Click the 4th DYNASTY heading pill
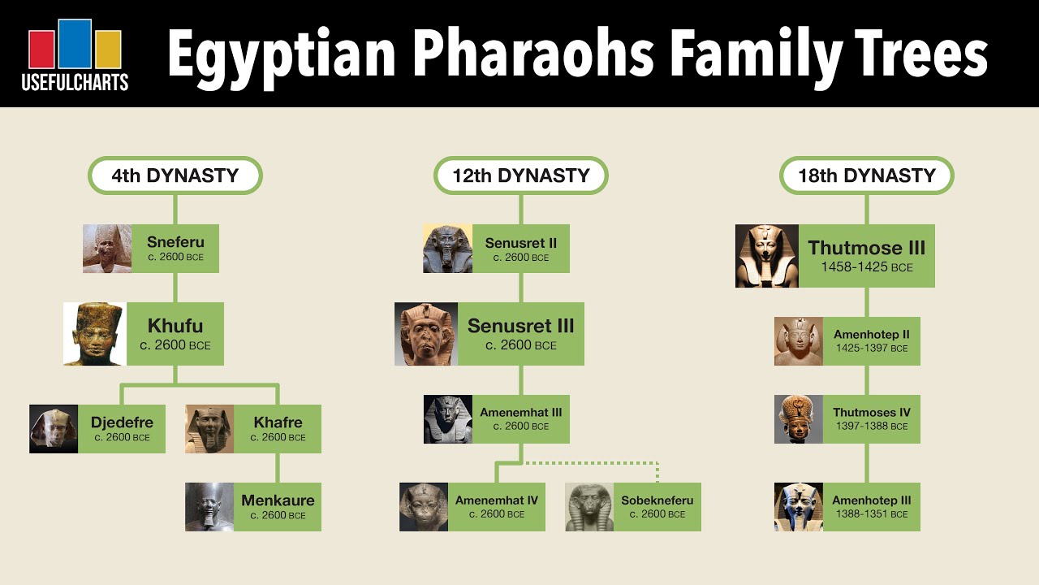[x=175, y=175]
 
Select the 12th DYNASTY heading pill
[x=520, y=175]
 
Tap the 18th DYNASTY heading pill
[x=866, y=175]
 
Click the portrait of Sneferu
[x=107, y=249]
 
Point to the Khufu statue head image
[x=95, y=334]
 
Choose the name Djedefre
[x=122, y=422]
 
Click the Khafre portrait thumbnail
[x=209, y=429]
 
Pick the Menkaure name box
[x=278, y=507]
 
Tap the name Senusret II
[x=520, y=243]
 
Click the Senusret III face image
[x=426, y=334]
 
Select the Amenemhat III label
[x=520, y=413]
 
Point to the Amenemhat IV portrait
[x=424, y=507]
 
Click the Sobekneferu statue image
[x=589, y=507]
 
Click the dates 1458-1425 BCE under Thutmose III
[x=866, y=267]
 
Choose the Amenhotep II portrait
[x=799, y=341]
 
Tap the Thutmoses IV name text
[x=872, y=413]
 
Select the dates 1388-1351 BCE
[x=872, y=514]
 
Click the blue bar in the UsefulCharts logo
[x=75, y=44]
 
